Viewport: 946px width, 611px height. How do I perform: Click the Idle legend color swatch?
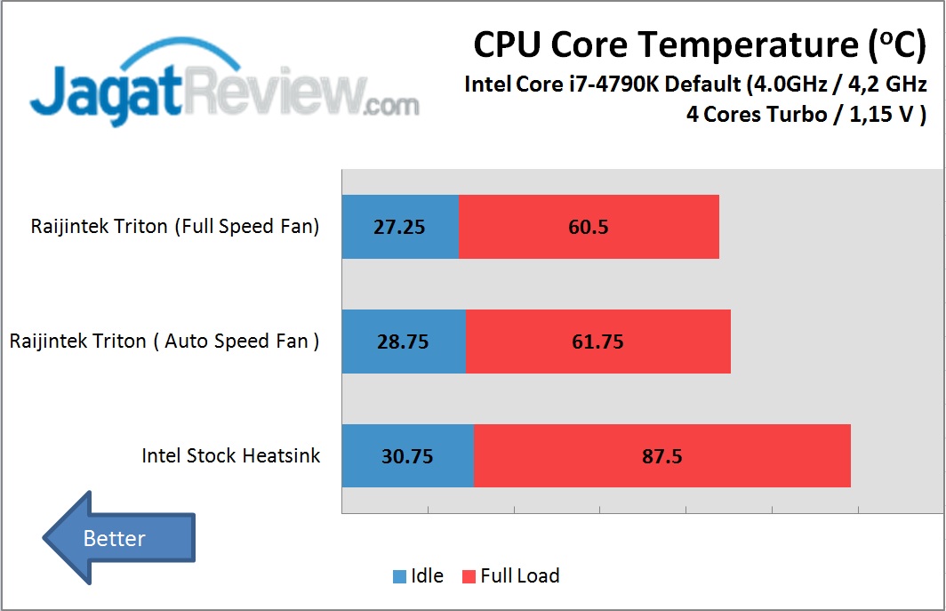[x=400, y=576]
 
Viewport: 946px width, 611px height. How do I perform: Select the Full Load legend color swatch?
[x=469, y=576]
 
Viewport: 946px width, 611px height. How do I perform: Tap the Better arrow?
[x=118, y=538]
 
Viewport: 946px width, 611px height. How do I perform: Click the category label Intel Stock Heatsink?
[x=231, y=456]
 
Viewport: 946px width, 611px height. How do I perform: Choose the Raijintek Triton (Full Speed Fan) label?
[x=175, y=226]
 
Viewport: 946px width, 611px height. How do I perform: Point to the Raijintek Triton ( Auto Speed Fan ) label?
[x=164, y=342]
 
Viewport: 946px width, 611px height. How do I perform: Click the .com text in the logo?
[x=390, y=106]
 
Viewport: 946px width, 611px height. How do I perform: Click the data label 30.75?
[x=407, y=456]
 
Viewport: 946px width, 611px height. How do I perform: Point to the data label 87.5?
[x=662, y=456]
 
